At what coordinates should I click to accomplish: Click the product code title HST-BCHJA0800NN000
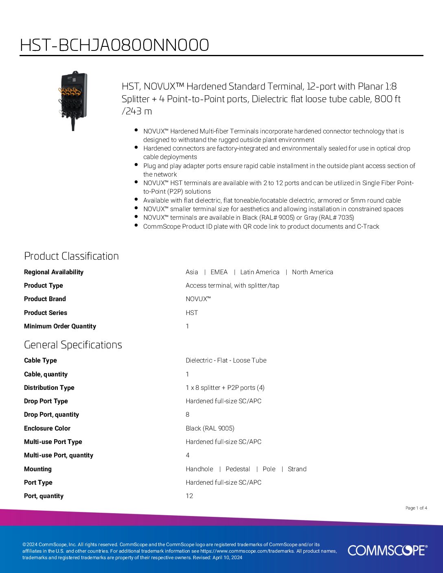[114, 45]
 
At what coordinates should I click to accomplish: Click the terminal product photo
[73, 101]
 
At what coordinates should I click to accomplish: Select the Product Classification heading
[71, 256]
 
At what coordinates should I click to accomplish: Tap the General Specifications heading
[73, 345]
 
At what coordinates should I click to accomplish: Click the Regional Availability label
[54, 272]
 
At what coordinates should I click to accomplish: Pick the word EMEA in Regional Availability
[219, 272]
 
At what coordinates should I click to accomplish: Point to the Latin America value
[260, 272]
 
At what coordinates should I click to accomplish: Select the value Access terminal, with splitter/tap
[232, 286]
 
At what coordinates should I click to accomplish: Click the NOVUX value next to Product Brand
[198, 299]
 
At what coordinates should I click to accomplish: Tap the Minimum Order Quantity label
[60, 326]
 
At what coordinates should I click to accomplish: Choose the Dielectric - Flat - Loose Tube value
[226, 361]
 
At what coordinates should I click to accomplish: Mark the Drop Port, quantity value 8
[188, 415]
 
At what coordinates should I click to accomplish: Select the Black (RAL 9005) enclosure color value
[210, 429]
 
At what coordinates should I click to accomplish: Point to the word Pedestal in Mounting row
[238, 469]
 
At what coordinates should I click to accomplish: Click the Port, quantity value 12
[189, 496]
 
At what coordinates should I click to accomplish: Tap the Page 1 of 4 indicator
[416, 508]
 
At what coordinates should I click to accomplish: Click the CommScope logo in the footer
[387, 550]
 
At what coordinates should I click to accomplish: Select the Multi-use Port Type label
[53, 442]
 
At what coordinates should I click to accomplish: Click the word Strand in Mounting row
[297, 469]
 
